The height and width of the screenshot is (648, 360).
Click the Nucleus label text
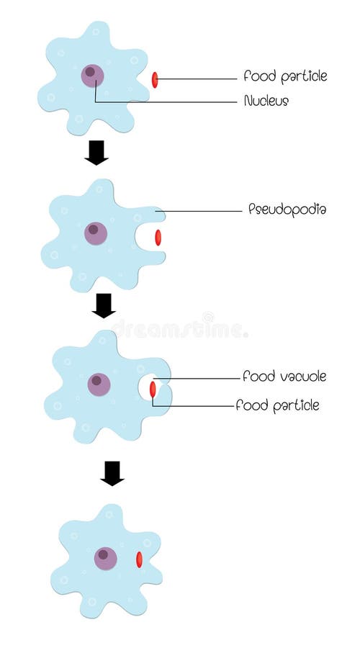point(266,102)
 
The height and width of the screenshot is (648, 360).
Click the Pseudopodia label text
point(287,210)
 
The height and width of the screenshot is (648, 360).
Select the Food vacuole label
point(284,377)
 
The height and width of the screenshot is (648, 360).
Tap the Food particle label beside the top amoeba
point(285,76)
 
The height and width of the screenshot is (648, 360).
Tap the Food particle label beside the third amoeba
point(277,406)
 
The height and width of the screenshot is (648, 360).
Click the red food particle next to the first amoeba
point(155,80)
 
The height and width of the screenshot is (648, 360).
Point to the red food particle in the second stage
point(158,238)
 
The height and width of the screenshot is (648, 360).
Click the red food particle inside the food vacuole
point(153,390)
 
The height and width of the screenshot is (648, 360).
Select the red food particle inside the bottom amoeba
point(139,559)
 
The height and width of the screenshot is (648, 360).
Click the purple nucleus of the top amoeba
point(92,75)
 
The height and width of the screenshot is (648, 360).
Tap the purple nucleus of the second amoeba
point(95,233)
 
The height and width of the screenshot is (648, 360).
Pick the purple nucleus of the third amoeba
point(99,384)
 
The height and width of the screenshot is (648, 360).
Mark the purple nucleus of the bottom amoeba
point(105,558)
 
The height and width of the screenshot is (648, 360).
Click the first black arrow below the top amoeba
point(96,153)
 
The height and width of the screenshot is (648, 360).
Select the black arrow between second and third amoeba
point(104,305)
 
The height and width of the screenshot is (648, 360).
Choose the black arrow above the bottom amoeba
point(112,473)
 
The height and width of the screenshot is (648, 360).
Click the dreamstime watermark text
point(180,330)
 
